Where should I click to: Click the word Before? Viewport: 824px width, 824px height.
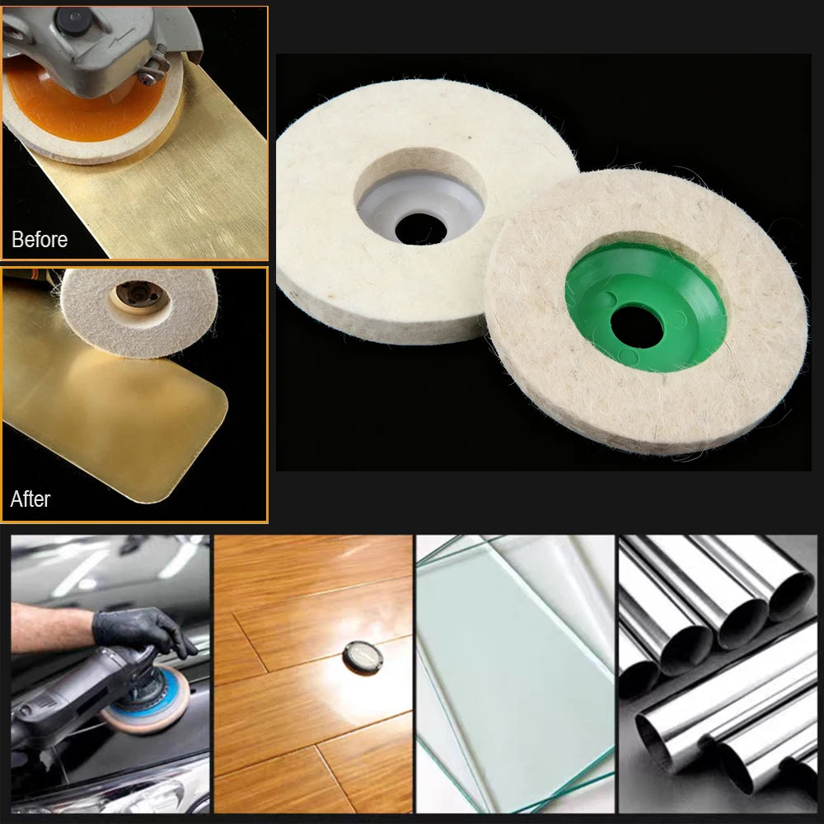(x=40, y=239)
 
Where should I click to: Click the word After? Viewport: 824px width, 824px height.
(x=30, y=499)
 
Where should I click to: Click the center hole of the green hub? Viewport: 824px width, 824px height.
(x=636, y=327)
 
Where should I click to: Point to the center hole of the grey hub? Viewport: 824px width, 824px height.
(x=420, y=228)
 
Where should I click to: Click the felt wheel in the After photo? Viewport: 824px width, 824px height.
(x=138, y=312)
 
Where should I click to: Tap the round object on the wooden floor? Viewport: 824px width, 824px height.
(x=363, y=657)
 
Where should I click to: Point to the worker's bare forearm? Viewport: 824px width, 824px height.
(x=53, y=628)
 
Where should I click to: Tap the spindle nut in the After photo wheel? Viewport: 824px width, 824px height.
(x=139, y=293)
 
